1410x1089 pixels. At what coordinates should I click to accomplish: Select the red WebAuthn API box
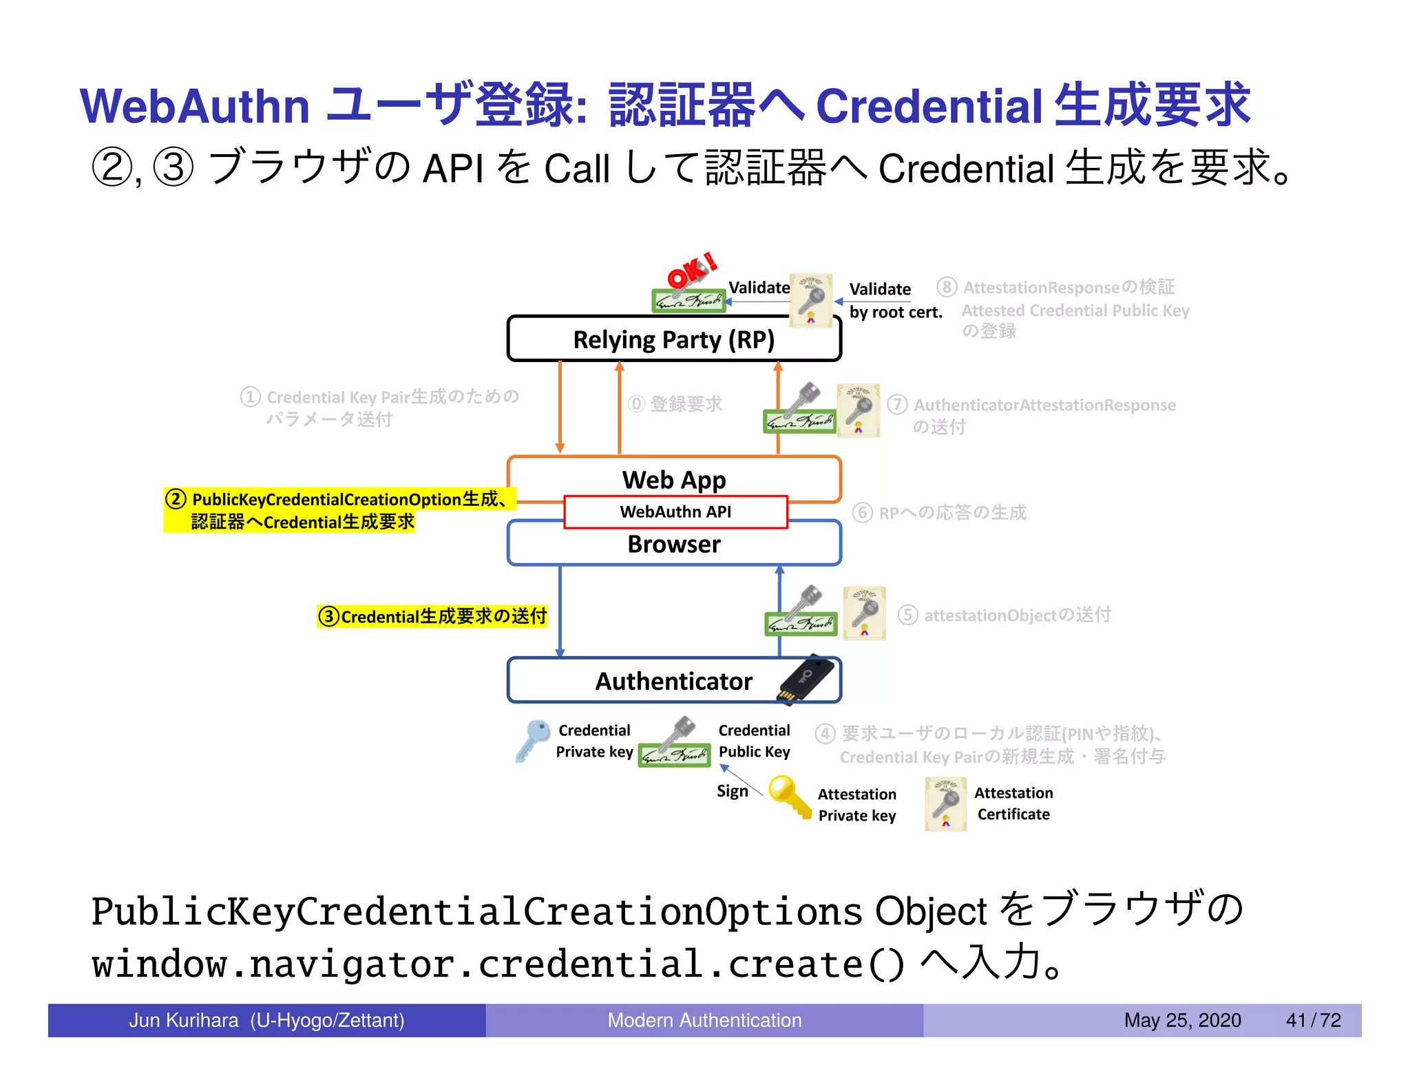pyautogui.click(x=675, y=512)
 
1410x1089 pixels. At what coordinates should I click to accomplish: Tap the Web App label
pyautogui.click(x=673, y=480)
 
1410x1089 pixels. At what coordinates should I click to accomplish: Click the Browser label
pyautogui.click(x=673, y=544)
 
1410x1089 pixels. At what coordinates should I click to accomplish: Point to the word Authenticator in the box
pyautogui.click(x=673, y=681)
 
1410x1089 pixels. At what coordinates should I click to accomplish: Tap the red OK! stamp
pyautogui.click(x=691, y=270)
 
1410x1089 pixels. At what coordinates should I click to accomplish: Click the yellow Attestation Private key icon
pyautogui.click(x=789, y=796)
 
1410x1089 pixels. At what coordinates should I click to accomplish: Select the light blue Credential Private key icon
pyautogui.click(x=532, y=741)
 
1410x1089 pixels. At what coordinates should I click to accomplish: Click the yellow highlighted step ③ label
pyautogui.click(x=432, y=616)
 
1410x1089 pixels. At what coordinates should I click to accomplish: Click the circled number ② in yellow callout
pyautogui.click(x=176, y=499)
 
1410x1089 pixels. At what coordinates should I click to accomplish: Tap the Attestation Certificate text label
pyautogui.click(x=1013, y=804)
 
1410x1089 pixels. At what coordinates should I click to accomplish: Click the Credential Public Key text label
pyautogui.click(x=754, y=741)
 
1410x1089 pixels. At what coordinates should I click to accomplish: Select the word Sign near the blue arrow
pyautogui.click(x=732, y=792)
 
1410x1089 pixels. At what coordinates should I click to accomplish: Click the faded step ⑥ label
pyautogui.click(x=939, y=513)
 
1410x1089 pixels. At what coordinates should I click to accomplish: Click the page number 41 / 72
pyautogui.click(x=1313, y=1020)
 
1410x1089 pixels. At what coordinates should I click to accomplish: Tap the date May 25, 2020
pyautogui.click(x=1182, y=1020)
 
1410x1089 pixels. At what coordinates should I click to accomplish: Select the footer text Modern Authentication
pyautogui.click(x=704, y=1020)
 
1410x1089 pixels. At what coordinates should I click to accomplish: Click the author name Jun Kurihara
pyautogui.click(x=184, y=1020)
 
